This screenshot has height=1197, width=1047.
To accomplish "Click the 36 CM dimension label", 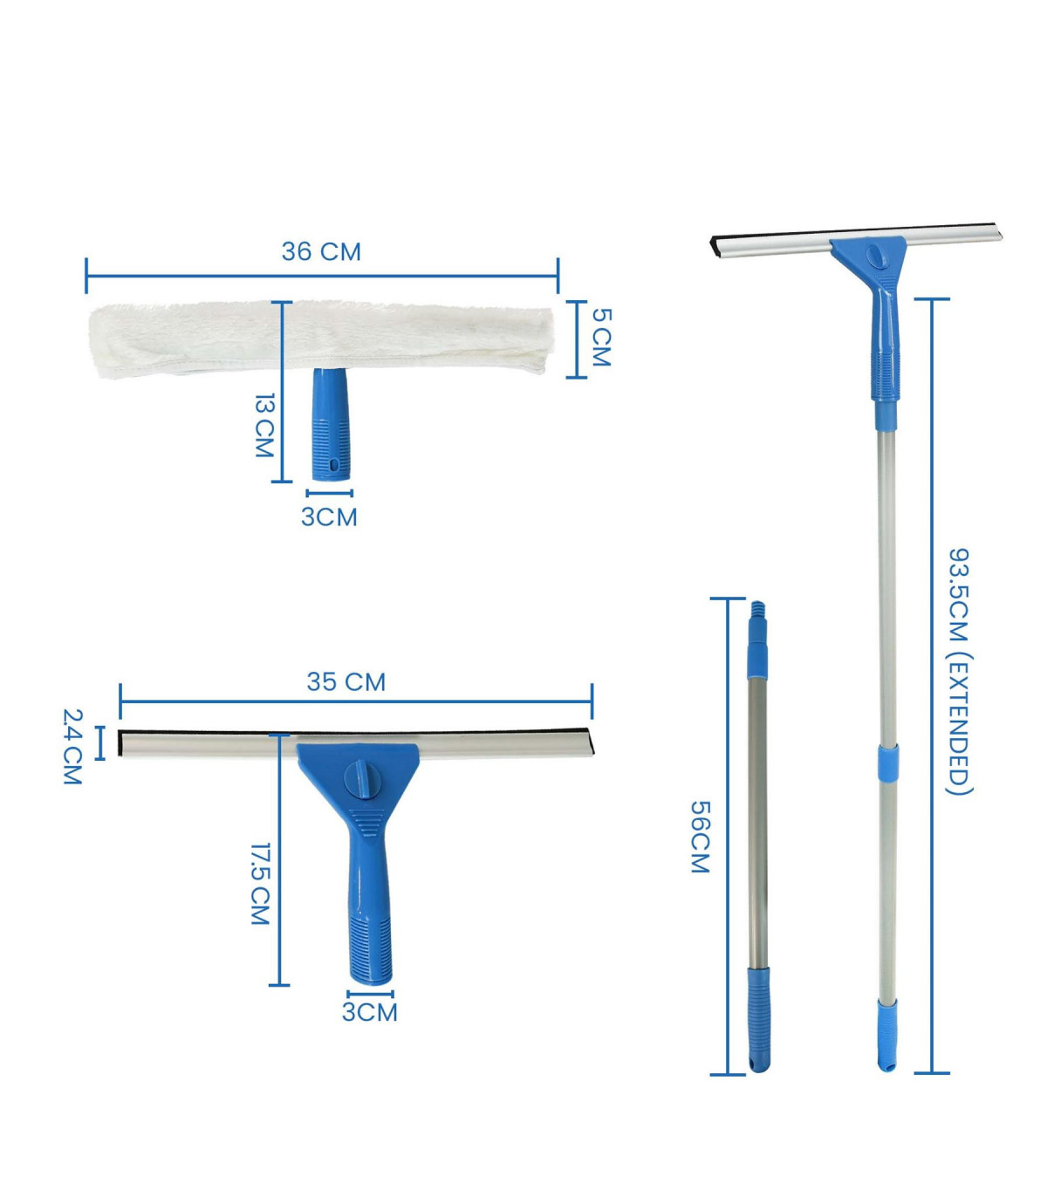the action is [321, 251].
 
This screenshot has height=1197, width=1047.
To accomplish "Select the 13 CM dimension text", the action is [265, 426].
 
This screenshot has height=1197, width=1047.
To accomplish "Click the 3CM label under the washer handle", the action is [329, 517].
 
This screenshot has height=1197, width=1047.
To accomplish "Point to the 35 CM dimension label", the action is [346, 682].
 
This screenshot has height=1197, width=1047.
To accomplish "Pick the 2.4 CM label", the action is [72, 747].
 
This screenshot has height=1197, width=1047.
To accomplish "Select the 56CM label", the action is [700, 838].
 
